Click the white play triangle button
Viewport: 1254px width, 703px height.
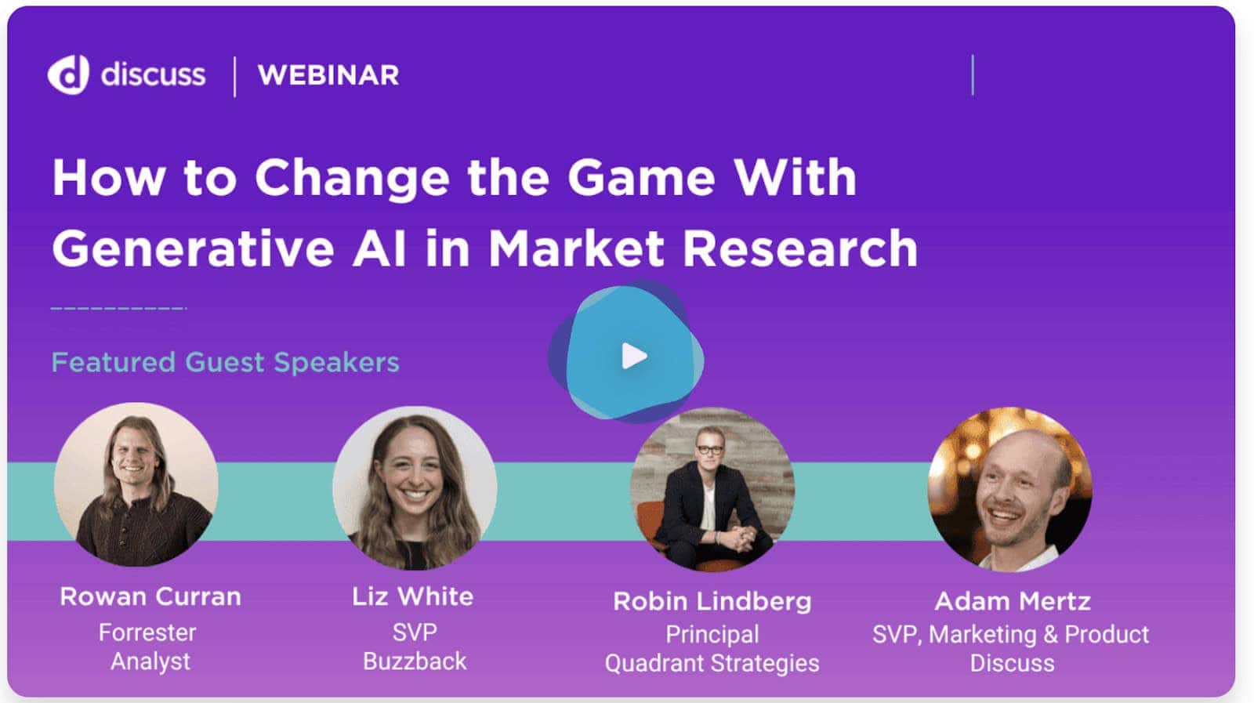click(633, 356)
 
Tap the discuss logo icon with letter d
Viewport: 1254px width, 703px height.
click(68, 74)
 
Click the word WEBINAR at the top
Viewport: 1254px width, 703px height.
click(328, 75)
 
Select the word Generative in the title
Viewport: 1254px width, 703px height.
click(193, 248)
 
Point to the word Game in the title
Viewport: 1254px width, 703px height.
click(641, 177)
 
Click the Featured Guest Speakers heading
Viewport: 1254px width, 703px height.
click(225, 362)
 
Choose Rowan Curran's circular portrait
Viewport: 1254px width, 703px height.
click(136, 484)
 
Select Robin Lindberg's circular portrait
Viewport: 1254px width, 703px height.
click(712, 489)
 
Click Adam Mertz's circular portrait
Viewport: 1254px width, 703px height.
click(1010, 489)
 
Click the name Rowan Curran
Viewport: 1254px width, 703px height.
click(150, 596)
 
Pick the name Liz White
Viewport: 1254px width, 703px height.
click(412, 596)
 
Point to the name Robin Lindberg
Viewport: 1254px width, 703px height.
click(712, 602)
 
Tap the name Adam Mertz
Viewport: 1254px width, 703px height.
click(1012, 602)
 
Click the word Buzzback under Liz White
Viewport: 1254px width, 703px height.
click(415, 661)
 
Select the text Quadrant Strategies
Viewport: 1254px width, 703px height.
click(712, 663)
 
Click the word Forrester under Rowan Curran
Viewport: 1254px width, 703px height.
click(147, 633)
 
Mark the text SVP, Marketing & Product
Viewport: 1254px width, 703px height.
click(1010, 635)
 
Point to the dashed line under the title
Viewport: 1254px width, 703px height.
click(118, 308)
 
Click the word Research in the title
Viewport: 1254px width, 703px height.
click(800, 248)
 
